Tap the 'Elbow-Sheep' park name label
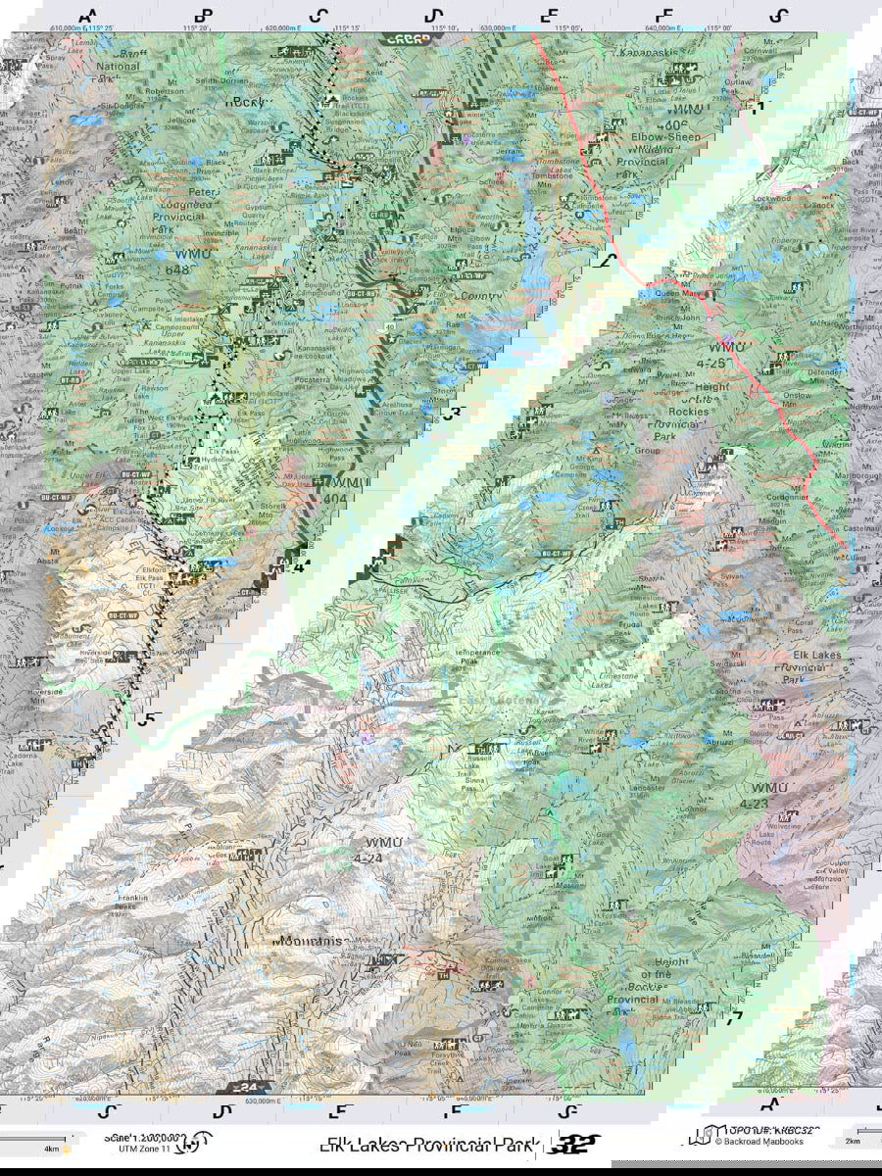click(667, 137)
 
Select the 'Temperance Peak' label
click(474, 657)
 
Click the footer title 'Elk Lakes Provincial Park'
click(429, 1144)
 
